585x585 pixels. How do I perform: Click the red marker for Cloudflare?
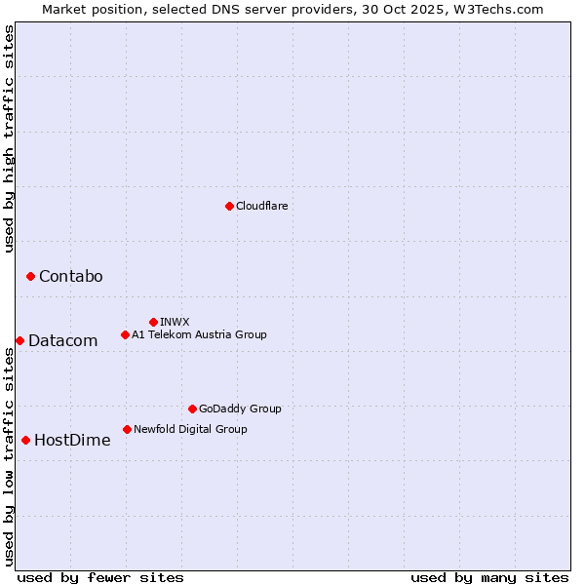click(229, 206)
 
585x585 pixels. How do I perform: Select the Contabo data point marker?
click(30, 277)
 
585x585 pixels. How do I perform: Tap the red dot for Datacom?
click(19, 340)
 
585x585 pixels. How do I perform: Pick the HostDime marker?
click(25, 440)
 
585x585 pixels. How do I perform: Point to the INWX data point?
click(153, 322)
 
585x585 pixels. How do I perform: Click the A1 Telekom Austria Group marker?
click(125, 334)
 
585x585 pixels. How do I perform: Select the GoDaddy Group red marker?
click(192, 409)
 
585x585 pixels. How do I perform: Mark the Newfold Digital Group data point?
click(127, 429)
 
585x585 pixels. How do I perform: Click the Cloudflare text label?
click(262, 206)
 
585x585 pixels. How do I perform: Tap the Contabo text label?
click(70, 277)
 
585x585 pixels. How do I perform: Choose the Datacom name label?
click(63, 340)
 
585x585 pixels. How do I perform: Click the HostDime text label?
click(72, 440)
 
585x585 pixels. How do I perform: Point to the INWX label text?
click(175, 322)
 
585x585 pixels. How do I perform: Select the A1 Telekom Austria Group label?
click(199, 334)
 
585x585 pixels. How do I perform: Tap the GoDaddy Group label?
click(240, 409)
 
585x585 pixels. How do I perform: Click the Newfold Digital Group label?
click(190, 429)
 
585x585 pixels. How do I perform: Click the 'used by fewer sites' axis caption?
click(100, 577)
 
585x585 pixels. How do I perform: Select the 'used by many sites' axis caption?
click(489, 577)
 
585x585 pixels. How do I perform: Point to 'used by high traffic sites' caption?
click(9, 138)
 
